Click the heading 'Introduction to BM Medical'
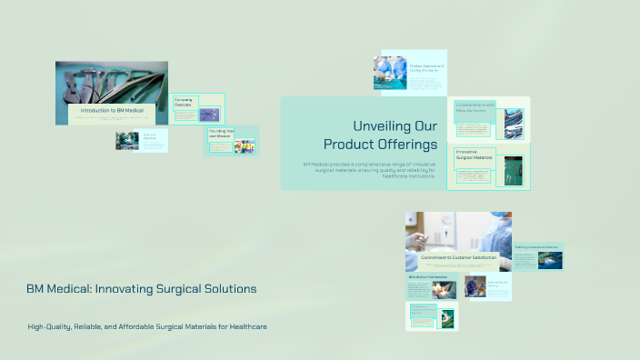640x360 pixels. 112,110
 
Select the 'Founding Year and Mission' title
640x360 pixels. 221,133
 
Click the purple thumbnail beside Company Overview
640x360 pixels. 209,115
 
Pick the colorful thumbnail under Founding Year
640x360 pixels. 244,145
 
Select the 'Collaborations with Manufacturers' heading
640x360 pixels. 475,107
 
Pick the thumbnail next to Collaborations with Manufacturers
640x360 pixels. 514,123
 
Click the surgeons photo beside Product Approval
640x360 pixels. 390,73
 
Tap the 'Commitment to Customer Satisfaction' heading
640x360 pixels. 458,258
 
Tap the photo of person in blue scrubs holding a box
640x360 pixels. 475,287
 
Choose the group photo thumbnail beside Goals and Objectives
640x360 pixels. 127,140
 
